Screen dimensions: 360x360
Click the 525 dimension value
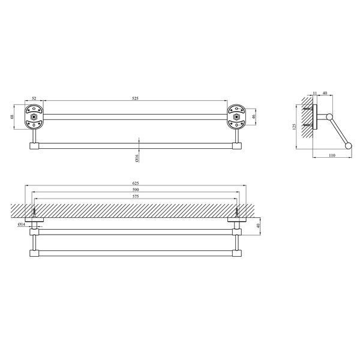pos(136,98)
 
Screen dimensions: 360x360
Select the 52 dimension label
pos(34,98)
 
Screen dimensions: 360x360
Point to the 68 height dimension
pos(13,116)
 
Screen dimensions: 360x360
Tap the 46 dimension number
pos(254,116)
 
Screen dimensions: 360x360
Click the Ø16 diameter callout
pos(137,158)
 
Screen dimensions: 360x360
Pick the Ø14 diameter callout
pos(22,224)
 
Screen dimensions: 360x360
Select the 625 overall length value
pos(136,183)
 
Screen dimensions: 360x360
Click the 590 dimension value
pos(136,190)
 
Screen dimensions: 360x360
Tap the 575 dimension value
pos(136,197)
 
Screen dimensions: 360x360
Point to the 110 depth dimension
pos(332,155)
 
